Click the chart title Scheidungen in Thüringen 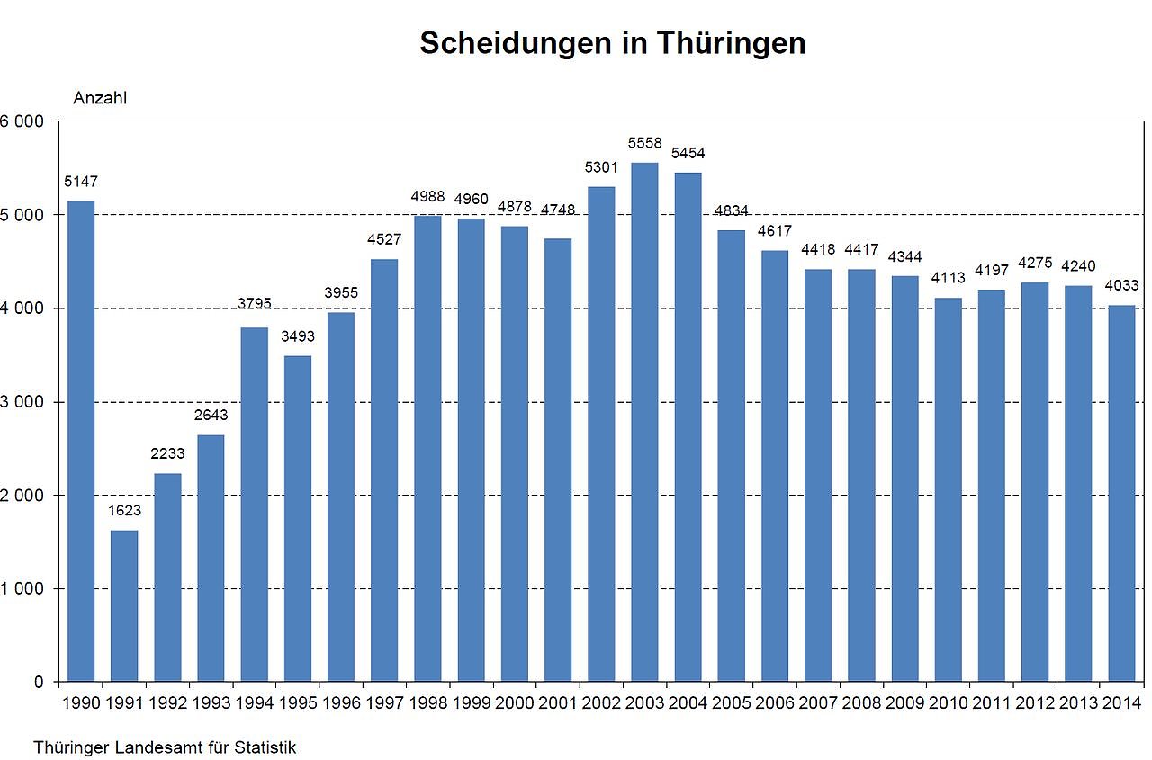tap(612, 43)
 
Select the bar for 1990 tap(81, 441)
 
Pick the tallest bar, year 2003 tap(644, 423)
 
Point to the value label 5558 tap(644, 144)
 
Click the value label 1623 tap(124, 511)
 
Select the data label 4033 tap(1120, 286)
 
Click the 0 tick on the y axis tap(38, 683)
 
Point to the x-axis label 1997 tap(384, 702)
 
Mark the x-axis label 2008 tap(861, 702)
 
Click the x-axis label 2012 tap(1034, 702)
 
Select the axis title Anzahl tap(100, 98)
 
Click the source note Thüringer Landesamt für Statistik tap(165, 747)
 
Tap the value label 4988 tap(427, 197)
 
